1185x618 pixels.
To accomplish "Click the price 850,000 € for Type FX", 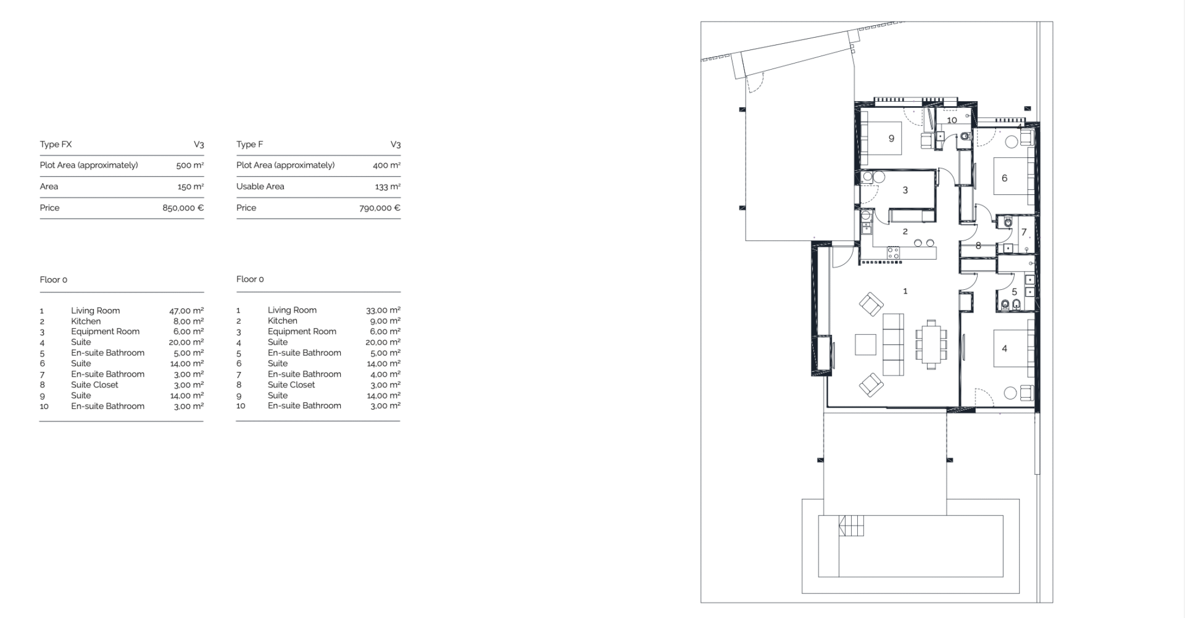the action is click(x=183, y=208).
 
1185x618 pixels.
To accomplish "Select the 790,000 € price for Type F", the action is click(x=380, y=208).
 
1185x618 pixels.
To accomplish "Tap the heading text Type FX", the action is click(x=56, y=144).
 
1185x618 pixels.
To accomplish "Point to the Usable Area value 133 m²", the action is click(x=388, y=186).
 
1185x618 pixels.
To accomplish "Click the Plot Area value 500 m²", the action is click(x=190, y=165).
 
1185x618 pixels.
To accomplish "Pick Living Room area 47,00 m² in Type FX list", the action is click(x=186, y=311).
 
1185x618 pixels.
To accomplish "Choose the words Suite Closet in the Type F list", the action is click(x=291, y=385).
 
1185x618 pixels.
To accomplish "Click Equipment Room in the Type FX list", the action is click(x=105, y=331).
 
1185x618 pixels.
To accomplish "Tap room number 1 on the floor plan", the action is click(x=905, y=291).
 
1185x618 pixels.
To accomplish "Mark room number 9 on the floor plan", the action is click(x=891, y=139).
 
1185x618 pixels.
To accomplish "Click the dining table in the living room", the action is click(x=930, y=344).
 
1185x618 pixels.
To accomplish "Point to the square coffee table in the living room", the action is click(x=865, y=345).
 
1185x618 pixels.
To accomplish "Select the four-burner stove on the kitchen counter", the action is click(x=893, y=252).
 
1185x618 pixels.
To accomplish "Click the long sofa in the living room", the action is click(x=893, y=344).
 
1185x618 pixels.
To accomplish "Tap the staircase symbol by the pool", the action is click(x=851, y=526).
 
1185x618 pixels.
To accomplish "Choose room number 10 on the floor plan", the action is click(x=952, y=120).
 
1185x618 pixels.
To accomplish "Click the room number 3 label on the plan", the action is click(x=905, y=191).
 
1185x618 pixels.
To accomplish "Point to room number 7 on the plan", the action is click(x=1024, y=233).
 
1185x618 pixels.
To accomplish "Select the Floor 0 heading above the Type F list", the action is click(x=250, y=279).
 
